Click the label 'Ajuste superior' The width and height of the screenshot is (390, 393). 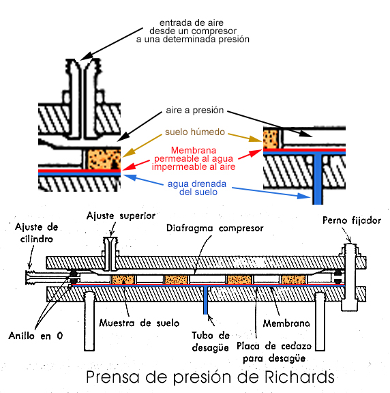click(121, 216)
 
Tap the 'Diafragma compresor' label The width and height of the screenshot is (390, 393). click(215, 228)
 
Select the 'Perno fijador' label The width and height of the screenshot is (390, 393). click(352, 220)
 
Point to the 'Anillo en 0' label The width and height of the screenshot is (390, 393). click(35, 336)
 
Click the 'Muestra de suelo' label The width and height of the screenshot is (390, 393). click(139, 323)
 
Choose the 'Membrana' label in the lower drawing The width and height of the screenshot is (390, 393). click(286, 323)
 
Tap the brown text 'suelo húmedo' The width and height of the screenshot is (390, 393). click(195, 132)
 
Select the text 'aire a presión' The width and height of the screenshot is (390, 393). click(194, 111)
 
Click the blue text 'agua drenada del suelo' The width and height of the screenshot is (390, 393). click(197, 188)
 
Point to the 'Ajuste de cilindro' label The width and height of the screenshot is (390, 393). click(37, 233)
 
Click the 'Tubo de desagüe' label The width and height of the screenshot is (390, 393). click(211, 341)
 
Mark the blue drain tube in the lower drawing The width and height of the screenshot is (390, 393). click(206, 300)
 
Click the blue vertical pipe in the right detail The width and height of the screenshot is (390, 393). click(317, 179)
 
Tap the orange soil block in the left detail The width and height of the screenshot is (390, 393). click(104, 159)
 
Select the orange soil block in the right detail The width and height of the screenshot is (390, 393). click(271, 139)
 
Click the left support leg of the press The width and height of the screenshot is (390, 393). click(89, 321)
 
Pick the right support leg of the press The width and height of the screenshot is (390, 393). click(320, 321)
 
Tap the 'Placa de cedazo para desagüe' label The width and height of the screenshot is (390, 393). click(274, 352)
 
